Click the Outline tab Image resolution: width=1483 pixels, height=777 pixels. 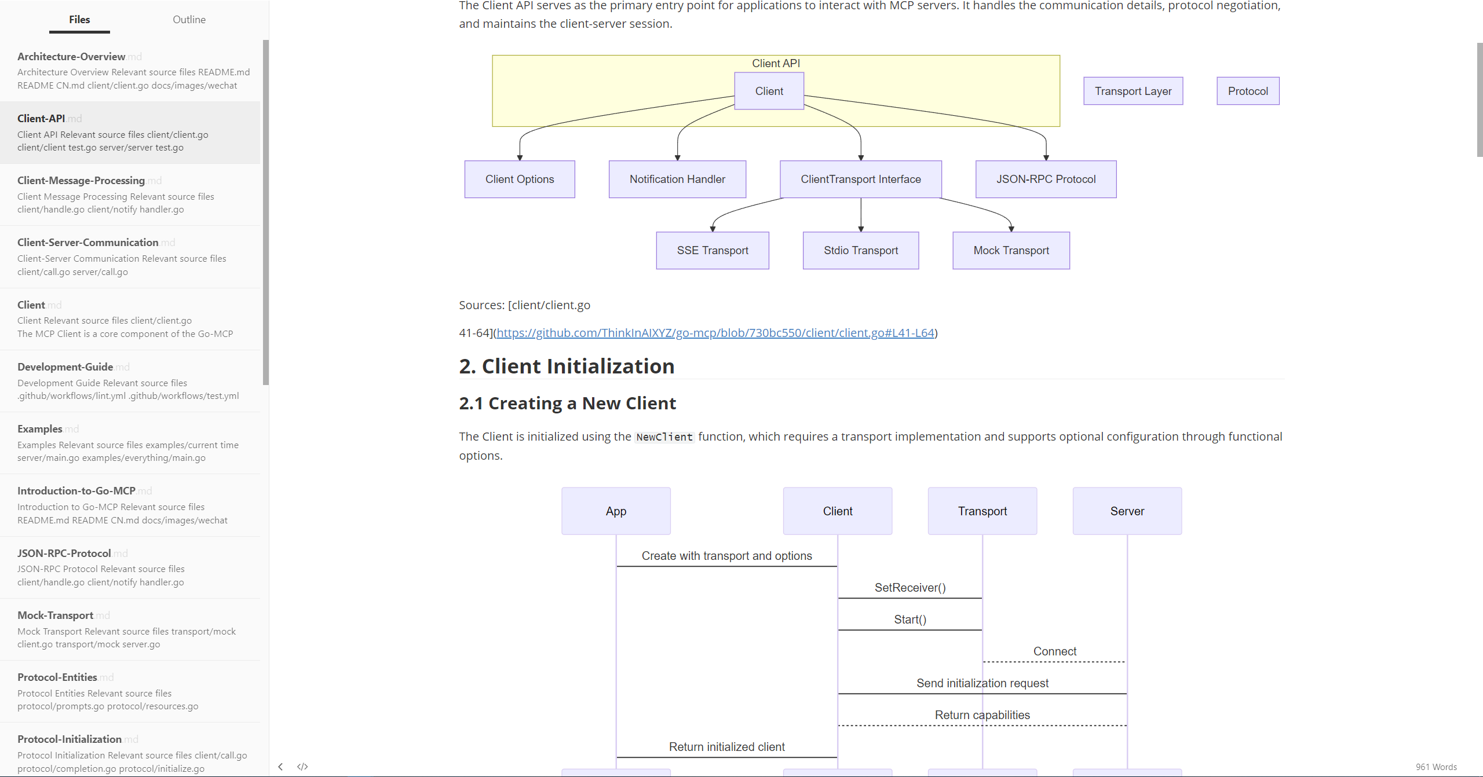click(189, 20)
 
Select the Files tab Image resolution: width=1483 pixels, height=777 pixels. click(79, 20)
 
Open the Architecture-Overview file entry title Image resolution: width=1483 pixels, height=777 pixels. click(71, 57)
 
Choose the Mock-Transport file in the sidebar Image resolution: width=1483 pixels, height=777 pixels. click(55, 615)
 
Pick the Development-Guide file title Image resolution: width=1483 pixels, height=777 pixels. click(65, 367)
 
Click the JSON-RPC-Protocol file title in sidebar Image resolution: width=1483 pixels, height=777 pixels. click(64, 554)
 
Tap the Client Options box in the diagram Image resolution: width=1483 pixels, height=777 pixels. click(520, 179)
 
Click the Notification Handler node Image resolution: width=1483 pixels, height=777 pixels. click(677, 179)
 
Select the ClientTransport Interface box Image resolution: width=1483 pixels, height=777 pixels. click(861, 179)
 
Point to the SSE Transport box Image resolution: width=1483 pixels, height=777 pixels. click(713, 251)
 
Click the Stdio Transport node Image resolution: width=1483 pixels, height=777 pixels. click(861, 251)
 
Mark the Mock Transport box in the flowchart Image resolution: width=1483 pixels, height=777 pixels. click(1011, 251)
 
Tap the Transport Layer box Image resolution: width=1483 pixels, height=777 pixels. click(1133, 91)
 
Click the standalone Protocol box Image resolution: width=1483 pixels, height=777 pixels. click(1248, 91)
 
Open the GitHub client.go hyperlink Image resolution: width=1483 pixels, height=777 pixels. click(715, 333)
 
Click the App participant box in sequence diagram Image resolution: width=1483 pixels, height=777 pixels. click(616, 511)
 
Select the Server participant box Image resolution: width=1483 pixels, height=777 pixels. click(1127, 511)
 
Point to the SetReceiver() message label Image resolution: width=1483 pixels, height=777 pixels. click(910, 588)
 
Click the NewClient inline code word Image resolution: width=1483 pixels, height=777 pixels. click(664, 437)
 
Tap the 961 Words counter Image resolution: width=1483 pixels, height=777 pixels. click(1436, 767)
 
